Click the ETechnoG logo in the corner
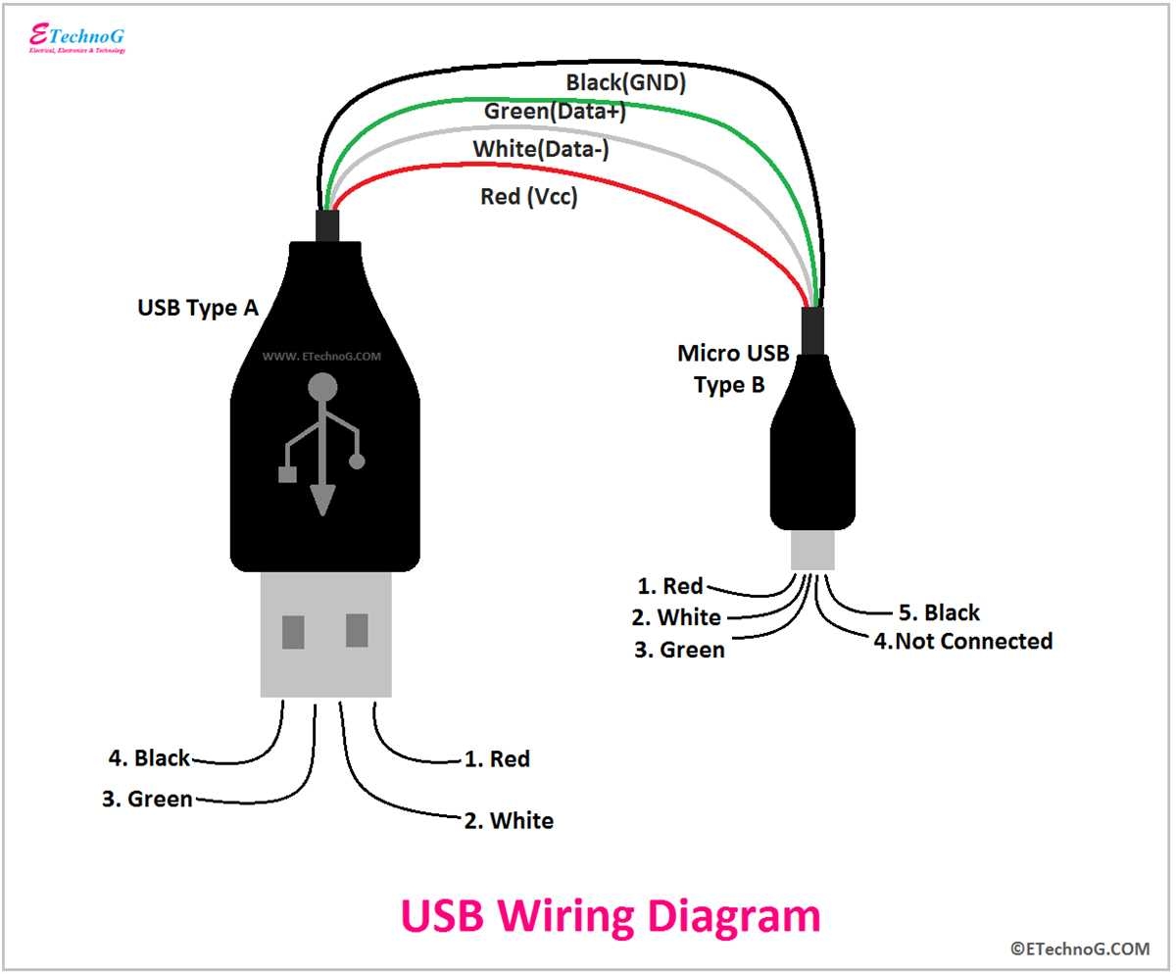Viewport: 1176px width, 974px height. click(x=76, y=37)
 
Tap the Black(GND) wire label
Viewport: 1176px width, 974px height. click(x=625, y=82)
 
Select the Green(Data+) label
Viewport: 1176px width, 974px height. click(x=555, y=112)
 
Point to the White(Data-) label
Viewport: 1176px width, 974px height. click(x=540, y=150)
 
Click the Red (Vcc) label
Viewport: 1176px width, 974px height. click(x=528, y=197)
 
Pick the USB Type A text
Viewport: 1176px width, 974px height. click(x=197, y=308)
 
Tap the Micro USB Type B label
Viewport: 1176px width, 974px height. click(x=732, y=368)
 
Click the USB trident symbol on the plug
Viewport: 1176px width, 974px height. click(x=322, y=441)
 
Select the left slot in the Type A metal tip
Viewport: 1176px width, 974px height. click(x=293, y=631)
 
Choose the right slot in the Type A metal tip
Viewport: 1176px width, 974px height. click(x=357, y=631)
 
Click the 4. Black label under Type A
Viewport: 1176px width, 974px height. click(x=149, y=758)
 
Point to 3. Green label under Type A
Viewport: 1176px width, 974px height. click(x=147, y=799)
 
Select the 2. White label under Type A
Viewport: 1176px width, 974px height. click(x=509, y=820)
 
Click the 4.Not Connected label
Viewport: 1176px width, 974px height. click(x=962, y=641)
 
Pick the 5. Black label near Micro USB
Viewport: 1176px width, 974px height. click(x=938, y=612)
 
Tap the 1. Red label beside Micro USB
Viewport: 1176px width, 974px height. click(x=669, y=586)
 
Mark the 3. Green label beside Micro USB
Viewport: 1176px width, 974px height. click(x=678, y=650)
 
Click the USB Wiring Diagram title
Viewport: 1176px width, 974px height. click(x=610, y=917)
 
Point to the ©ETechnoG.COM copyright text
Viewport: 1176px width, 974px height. click(x=1080, y=949)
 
